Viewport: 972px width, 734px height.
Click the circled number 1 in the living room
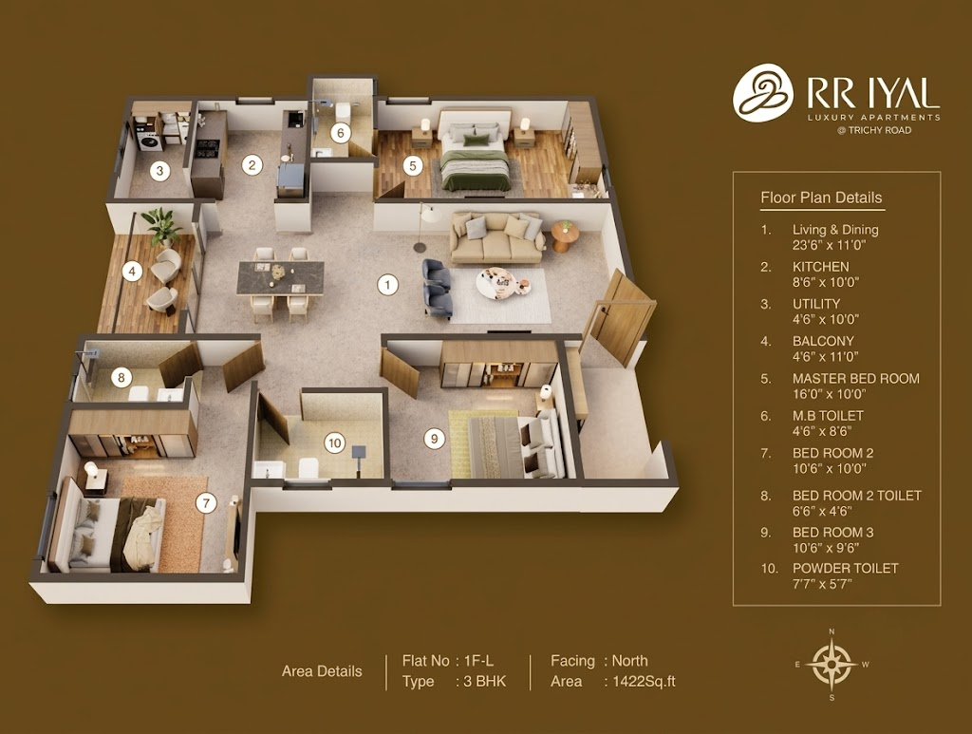(x=387, y=285)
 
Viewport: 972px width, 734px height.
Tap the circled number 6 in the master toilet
(x=341, y=133)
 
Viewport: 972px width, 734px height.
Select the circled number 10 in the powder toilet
(x=335, y=442)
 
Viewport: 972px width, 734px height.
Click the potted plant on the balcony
(x=162, y=226)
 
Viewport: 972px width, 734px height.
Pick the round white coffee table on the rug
(x=503, y=281)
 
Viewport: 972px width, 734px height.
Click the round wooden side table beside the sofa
(x=565, y=236)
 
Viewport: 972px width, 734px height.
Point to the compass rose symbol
(x=832, y=665)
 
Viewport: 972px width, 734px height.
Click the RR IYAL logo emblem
(x=763, y=92)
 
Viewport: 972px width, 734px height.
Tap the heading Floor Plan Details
(x=821, y=198)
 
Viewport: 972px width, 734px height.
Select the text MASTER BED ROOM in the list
(x=856, y=379)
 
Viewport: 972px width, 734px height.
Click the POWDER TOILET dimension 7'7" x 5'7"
(x=823, y=584)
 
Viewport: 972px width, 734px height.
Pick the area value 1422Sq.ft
(x=644, y=682)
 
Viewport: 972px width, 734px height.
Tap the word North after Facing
(x=630, y=661)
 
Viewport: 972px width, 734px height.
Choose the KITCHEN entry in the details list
(x=821, y=267)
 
